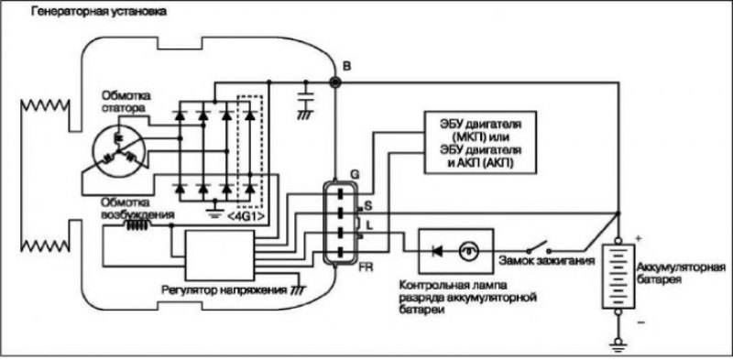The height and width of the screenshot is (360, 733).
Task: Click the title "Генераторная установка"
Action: click(x=98, y=11)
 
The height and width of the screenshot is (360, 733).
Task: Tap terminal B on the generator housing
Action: click(x=335, y=82)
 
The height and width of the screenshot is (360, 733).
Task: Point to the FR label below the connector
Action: click(x=366, y=269)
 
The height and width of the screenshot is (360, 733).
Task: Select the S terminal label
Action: click(x=368, y=205)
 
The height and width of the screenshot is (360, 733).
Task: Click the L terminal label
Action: click(x=369, y=226)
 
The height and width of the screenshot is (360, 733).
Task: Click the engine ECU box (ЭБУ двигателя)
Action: click(x=479, y=143)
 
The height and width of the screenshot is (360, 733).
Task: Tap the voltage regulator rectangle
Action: click(x=220, y=255)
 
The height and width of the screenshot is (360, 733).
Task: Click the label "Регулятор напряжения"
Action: click(x=224, y=289)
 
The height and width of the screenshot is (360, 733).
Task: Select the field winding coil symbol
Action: click(x=137, y=225)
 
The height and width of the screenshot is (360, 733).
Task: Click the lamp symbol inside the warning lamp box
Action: click(x=466, y=252)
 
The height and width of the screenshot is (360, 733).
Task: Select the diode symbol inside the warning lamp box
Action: click(x=437, y=252)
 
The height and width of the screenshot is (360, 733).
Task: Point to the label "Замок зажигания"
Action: click(x=546, y=261)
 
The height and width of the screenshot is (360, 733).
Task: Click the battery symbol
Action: click(x=618, y=277)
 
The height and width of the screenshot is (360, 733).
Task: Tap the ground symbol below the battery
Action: click(x=618, y=344)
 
